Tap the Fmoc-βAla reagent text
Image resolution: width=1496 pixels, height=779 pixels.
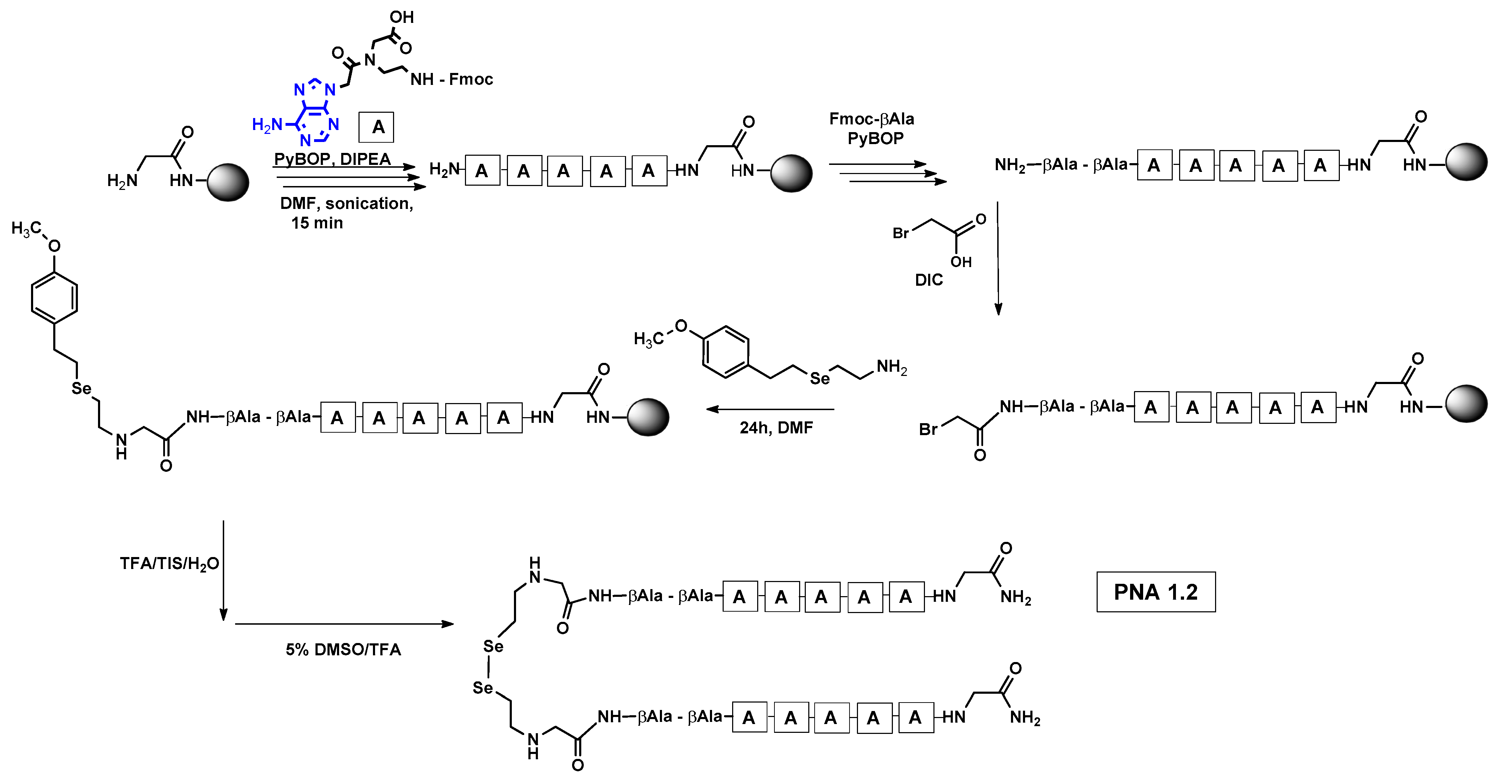tap(871, 119)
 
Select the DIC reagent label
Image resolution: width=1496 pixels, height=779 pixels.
tap(928, 280)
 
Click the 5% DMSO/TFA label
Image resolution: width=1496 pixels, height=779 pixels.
tap(343, 650)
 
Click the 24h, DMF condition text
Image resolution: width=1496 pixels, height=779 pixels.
tap(776, 428)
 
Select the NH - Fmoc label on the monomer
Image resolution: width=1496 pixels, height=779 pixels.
tap(451, 80)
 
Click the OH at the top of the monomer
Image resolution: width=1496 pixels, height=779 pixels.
tap(401, 17)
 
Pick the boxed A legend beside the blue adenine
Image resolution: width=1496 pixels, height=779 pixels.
tap(376, 127)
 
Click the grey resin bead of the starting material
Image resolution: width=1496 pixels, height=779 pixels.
tap(228, 182)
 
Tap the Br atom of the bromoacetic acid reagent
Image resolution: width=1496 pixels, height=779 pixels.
tap(900, 233)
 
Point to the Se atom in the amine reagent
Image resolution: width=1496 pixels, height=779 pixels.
tap(820, 379)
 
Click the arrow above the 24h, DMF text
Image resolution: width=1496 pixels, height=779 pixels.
tap(770, 409)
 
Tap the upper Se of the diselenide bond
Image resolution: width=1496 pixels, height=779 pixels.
tap(493, 646)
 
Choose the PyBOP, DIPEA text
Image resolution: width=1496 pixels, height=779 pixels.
tap(332, 159)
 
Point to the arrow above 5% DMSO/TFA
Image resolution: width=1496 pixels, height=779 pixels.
tap(344, 624)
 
